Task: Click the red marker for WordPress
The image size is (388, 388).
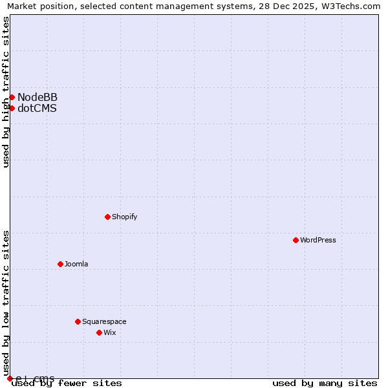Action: click(x=296, y=240)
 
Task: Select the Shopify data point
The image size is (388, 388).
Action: click(x=107, y=217)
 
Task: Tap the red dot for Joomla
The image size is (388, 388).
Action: click(x=60, y=264)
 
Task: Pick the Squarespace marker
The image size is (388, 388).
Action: click(x=78, y=321)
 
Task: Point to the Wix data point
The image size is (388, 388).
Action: click(x=99, y=332)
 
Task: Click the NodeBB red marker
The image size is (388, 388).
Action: click(x=12, y=97)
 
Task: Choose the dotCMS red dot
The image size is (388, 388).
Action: click(x=12, y=108)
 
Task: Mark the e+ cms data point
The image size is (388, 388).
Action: click(x=10, y=378)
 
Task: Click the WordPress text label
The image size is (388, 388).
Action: click(x=318, y=240)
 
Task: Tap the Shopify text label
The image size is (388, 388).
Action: click(x=124, y=217)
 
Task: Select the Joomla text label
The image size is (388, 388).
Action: click(x=76, y=264)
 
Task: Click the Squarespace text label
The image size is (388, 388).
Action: click(x=104, y=321)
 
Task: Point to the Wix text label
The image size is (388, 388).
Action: click(x=109, y=332)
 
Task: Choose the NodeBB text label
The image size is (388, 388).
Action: click(x=38, y=97)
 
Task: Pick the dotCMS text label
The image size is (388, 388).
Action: click(x=37, y=108)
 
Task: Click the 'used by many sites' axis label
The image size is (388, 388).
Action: click(x=325, y=383)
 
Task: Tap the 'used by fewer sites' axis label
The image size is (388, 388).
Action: click(x=67, y=383)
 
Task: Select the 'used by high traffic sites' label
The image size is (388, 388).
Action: click(x=6, y=92)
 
